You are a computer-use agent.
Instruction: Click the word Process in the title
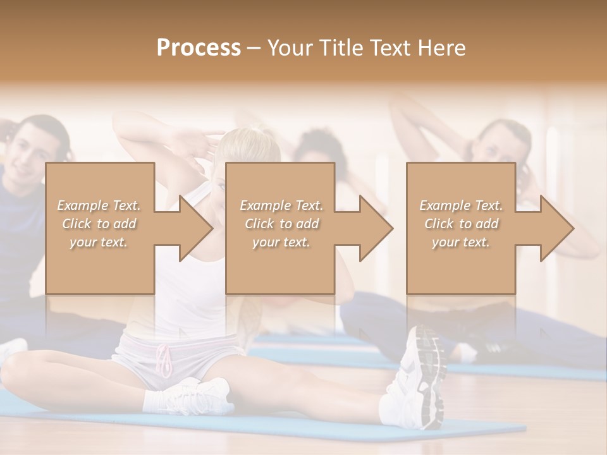pyautogui.click(x=199, y=48)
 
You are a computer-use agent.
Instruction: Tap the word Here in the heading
pyautogui.click(x=442, y=48)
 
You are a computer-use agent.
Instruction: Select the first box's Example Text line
pyautogui.click(x=99, y=205)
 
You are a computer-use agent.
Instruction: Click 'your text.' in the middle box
pyautogui.click(x=281, y=242)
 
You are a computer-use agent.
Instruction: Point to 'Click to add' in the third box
pyautogui.click(x=461, y=224)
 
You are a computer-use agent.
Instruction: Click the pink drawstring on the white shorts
pyautogui.click(x=165, y=361)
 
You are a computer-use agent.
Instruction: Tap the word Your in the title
pyautogui.click(x=289, y=48)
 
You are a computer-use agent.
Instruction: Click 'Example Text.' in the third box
pyautogui.click(x=461, y=205)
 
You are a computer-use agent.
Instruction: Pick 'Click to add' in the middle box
pyautogui.click(x=281, y=224)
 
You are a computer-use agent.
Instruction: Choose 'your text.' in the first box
pyautogui.click(x=99, y=242)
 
